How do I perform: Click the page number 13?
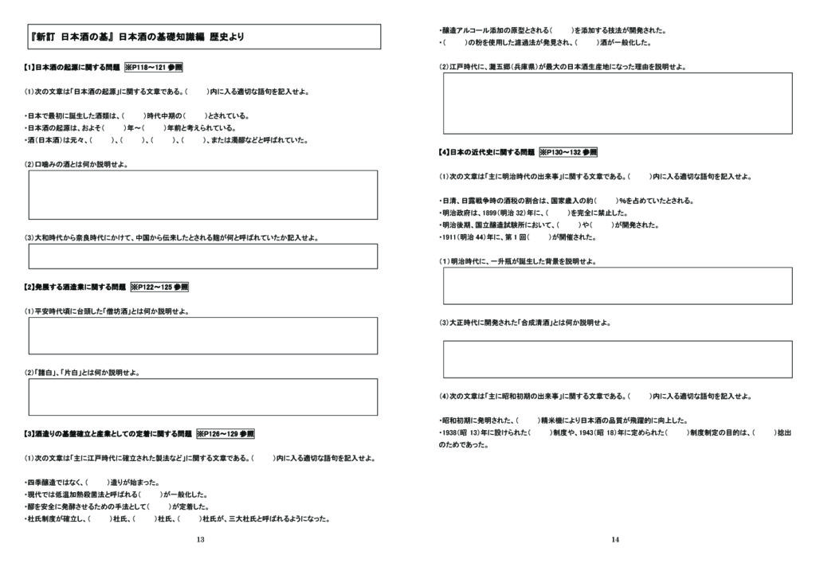click(x=200, y=540)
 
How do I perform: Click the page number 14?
click(x=615, y=540)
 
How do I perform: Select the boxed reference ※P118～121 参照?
click(x=159, y=68)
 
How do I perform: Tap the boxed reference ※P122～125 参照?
click(x=159, y=287)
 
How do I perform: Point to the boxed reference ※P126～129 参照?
click(x=225, y=434)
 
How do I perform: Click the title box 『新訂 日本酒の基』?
click(x=203, y=37)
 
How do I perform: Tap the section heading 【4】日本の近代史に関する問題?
click(x=487, y=152)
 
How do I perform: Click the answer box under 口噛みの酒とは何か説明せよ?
click(x=203, y=194)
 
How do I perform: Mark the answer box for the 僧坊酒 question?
click(x=203, y=335)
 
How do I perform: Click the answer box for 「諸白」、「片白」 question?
click(x=203, y=397)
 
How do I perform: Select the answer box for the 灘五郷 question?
click(x=618, y=103)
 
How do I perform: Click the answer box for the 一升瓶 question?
click(x=618, y=285)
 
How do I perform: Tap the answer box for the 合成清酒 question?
click(x=618, y=358)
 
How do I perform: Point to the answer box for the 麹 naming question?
click(x=203, y=256)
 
